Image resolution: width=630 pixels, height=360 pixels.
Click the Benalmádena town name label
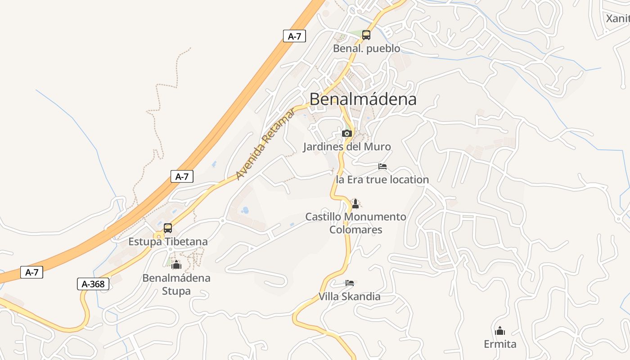coord(363,99)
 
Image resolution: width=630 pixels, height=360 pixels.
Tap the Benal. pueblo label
coord(366,48)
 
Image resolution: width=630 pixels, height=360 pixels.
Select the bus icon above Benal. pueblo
coord(366,35)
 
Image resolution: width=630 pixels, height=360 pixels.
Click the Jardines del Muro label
coord(346,147)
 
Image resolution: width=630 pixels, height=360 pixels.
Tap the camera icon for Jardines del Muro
coord(346,133)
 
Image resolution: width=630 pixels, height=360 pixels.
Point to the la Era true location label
coord(382,180)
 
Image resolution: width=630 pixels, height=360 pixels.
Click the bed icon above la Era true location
coord(382,166)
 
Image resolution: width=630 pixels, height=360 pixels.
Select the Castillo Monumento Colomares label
coord(355,223)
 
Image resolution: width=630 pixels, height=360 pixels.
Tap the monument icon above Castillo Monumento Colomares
coord(355,203)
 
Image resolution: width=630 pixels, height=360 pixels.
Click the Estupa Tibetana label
coord(168,242)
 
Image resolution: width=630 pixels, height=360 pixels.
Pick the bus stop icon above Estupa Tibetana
coord(168,228)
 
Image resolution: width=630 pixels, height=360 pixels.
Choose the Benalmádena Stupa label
coord(176,284)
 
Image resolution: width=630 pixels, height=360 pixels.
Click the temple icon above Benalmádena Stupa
coord(176,265)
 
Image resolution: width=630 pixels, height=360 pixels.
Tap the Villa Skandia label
coord(349,297)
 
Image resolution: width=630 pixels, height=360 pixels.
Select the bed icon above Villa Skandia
coord(350,283)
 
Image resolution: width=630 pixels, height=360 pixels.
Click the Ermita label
coord(500,344)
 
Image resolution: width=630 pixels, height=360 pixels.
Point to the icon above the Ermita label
coord(500,331)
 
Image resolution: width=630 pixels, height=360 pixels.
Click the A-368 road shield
coord(93,284)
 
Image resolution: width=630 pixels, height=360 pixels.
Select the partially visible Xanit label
coord(617,18)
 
